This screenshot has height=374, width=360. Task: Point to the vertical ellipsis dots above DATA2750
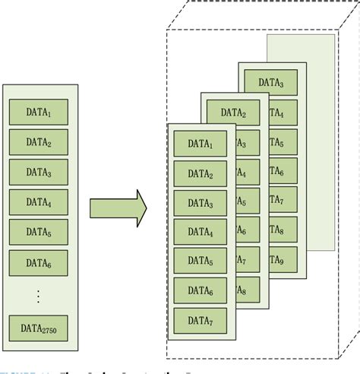pyautogui.click(x=39, y=296)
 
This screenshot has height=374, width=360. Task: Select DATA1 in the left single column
pyautogui.click(x=39, y=113)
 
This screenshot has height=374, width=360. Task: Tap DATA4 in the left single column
pyautogui.click(x=39, y=202)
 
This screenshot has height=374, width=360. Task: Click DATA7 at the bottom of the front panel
pyautogui.click(x=201, y=321)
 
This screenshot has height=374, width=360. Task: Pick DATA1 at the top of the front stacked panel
pyautogui.click(x=201, y=143)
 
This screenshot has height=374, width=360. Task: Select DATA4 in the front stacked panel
pyautogui.click(x=201, y=232)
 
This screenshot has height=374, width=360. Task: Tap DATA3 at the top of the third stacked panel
pyautogui.click(x=271, y=82)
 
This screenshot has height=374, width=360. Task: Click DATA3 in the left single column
pyautogui.click(x=39, y=173)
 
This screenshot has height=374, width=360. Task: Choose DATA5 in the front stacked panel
pyautogui.click(x=201, y=261)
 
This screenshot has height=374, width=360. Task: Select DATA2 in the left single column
pyautogui.click(x=39, y=142)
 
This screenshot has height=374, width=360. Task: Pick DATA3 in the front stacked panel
pyautogui.click(x=201, y=202)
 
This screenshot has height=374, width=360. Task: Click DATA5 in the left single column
pyautogui.click(x=39, y=232)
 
